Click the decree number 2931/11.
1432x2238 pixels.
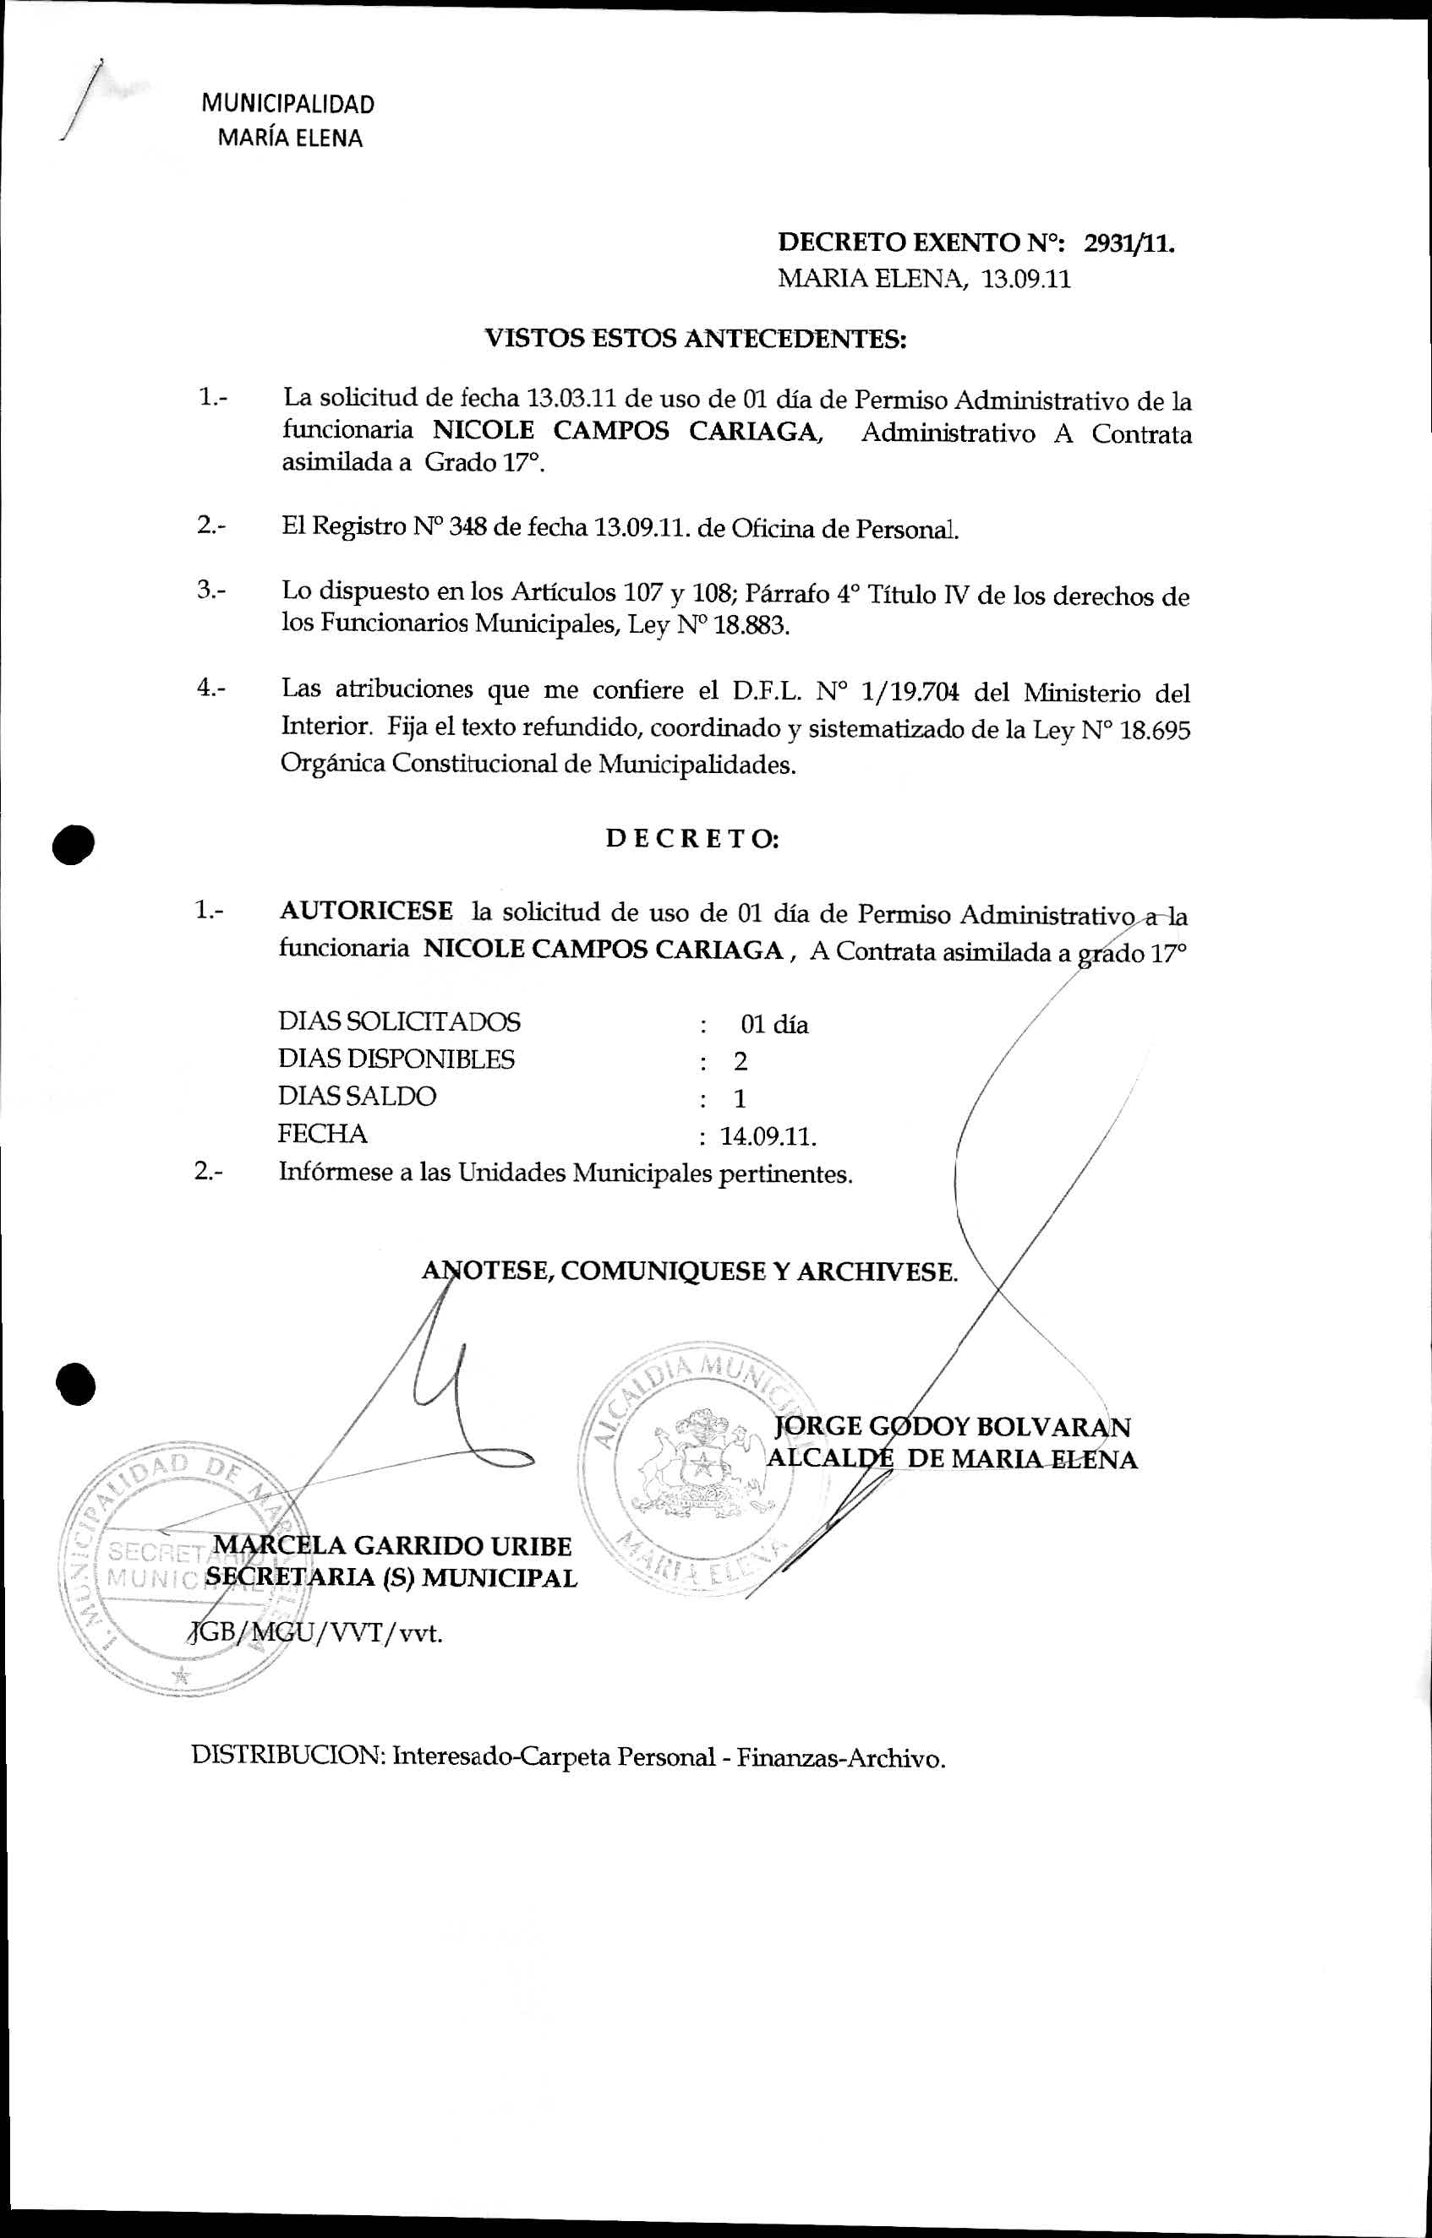[1129, 243]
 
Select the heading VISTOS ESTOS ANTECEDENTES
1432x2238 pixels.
[696, 338]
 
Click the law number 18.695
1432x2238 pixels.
[1155, 730]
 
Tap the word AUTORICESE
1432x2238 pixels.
[366, 911]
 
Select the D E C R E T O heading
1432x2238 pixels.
[691, 838]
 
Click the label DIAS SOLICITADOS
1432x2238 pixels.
[399, 1022]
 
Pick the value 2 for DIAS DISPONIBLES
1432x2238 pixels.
[741, 1061]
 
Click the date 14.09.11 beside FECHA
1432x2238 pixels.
[768, 1136]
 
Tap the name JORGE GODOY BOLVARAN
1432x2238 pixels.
[952, 1427]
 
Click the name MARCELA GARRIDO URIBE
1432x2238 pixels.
[392, 1545]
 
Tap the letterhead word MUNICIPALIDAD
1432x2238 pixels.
[288, 104]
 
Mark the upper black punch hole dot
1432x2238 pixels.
[74, 843]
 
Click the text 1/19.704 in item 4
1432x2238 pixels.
[910, 693]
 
